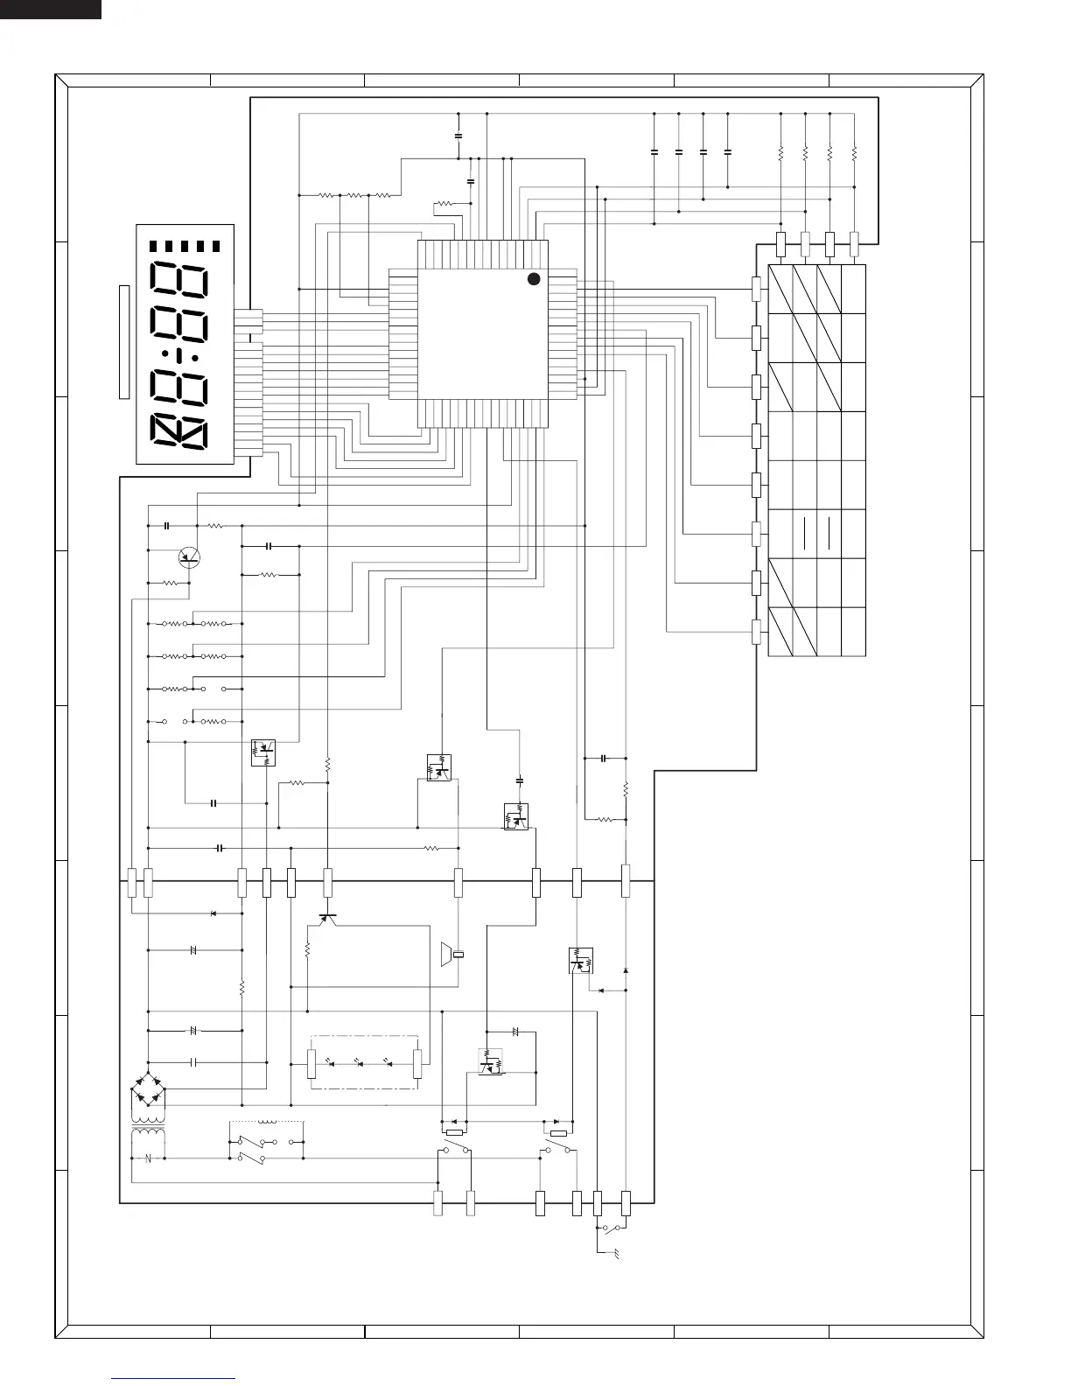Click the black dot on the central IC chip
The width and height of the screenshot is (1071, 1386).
click(534, 278)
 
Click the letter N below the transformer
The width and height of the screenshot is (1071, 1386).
click(148, 1158)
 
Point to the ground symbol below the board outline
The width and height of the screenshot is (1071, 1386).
click(616, 1255)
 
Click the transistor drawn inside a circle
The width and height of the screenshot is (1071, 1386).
click(188, 556)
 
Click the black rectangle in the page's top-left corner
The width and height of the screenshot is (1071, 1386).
click(50, 9)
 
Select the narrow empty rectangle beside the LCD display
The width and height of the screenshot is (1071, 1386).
click(124, 341)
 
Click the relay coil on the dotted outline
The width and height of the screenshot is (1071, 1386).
click(268, 1122)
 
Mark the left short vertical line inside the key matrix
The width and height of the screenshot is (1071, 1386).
click(802, 532)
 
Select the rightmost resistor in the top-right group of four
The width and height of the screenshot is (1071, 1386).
click(854, 153)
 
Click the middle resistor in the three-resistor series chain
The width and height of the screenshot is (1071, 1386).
click(354, 195)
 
